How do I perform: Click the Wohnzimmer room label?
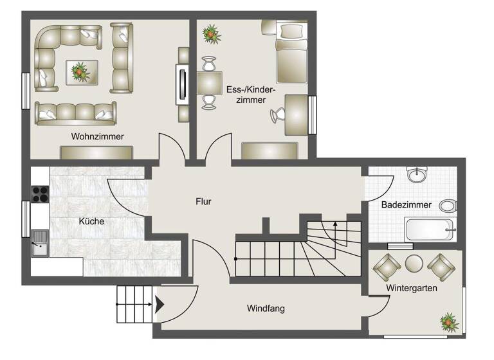[x=98, y=136]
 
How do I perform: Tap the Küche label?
[x=91, y=221]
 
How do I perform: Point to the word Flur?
[x=203, y=201]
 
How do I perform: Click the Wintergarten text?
[x=412, y=288]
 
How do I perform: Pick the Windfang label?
[x=266, y=309]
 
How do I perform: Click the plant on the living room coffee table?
[x=80, y=70]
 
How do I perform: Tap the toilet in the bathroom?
[x=448, y=206]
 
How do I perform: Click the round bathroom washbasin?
[x=417, y=174]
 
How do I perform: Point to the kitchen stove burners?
[x=40, y=194]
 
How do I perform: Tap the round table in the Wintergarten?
[x=414, y=263]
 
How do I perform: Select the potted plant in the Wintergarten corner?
[x=448, y=321]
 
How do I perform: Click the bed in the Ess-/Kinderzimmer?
[x=291, y=51]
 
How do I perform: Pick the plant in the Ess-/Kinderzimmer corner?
[x=210, y=33]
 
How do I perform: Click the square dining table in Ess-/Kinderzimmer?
[x=210, y=83]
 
